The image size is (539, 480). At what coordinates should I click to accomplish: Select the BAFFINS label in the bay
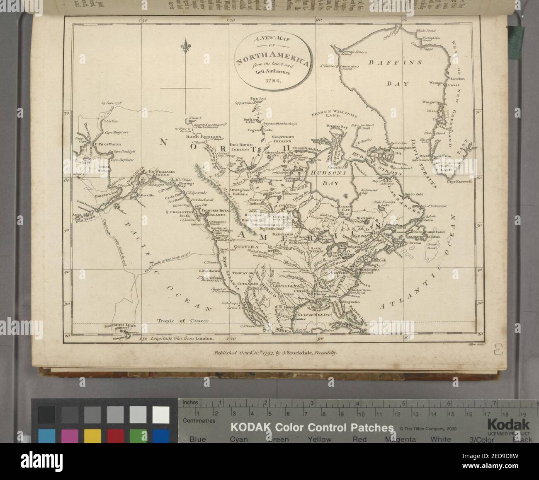point(395,63)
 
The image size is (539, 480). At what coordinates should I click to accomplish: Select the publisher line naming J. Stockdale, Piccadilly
point(276,353)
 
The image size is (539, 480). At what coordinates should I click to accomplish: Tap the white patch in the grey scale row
point(160,415)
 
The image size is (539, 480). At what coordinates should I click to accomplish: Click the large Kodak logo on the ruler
point(508,425)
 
